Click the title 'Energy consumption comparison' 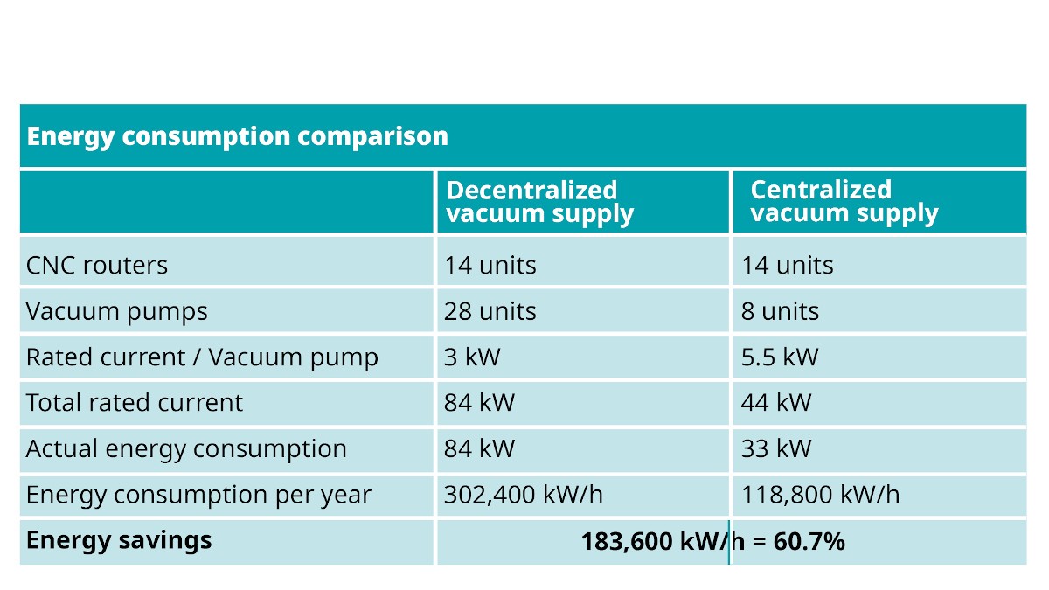click(238, 136)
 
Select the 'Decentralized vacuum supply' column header click(540, 202)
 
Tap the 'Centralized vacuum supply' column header click(844, 202)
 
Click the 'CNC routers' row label click(97, 265)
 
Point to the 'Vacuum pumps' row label click(116, 311)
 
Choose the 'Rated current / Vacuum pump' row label click(202, 357)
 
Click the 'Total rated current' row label click(135, 403)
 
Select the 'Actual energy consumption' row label click(186, 448)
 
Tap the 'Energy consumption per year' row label click(198, 495)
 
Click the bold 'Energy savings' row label click(119, 540)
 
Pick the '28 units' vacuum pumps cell click(490, 311)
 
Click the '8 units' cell click(780, 311)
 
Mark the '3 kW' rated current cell click(472, 357)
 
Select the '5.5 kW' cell click(780, 357)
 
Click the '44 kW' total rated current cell click(776, 403)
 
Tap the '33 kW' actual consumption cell click(776, 448)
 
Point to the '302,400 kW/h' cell click(524, 495)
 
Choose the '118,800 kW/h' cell click(821, 495)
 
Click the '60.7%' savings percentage click(809, 541)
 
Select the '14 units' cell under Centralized click(788, 266)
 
